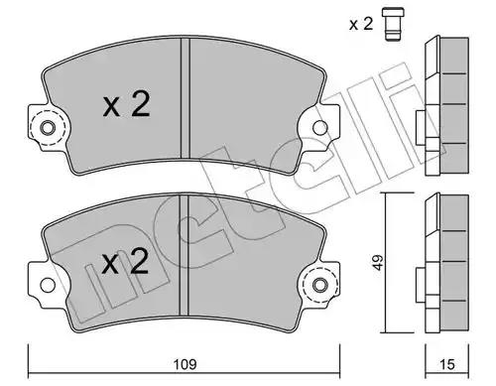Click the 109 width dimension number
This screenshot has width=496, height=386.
(x=186, y=364)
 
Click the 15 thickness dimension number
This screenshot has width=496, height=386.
(x=447, y=364)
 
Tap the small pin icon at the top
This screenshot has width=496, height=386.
(x=393, y=24)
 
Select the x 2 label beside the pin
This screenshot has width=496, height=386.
(x=361, y=24)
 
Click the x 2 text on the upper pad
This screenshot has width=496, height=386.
(x=127, y=104)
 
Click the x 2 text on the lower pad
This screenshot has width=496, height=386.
(x=125, y=262)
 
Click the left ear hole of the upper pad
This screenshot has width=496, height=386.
(x=48, y=128)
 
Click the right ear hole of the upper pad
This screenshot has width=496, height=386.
(x=319, y=128)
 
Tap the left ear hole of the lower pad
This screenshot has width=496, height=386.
(x=48, y=285)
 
